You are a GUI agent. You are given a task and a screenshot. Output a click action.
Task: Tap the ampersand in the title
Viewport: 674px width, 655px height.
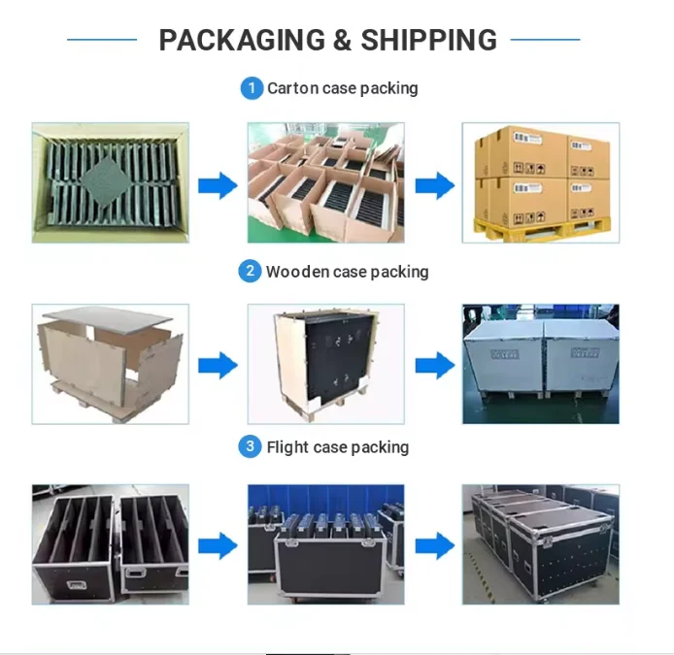pyautogui.click(x=342, y=40)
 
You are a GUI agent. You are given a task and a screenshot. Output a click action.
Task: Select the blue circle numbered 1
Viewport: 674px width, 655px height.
pyautogui.click(x=252, y=88)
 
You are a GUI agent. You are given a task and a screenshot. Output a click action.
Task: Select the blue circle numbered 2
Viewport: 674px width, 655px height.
pyautogui.click(x=250, y=272)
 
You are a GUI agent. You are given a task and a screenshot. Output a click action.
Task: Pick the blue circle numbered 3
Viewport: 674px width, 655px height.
pyautogui.click(x=251, y=446)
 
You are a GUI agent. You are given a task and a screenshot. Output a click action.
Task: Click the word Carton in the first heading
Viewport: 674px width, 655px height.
pyautogui.click(x=290, y=88)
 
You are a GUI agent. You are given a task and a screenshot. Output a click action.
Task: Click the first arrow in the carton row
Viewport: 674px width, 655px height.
pyautogui.click(x=218, y=184)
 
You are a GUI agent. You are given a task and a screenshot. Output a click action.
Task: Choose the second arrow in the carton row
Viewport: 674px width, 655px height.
pyautogui.click(x=434, y=184)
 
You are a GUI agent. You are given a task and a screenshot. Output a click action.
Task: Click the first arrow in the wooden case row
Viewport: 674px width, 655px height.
pyautogui.click(x=218, y=366)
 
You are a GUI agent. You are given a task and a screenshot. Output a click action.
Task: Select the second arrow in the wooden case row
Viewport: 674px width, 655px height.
pyautogui.click(x=434, y=366)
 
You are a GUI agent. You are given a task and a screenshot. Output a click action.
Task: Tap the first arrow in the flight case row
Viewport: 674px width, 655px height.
pyautogui.click(x=218, y=546)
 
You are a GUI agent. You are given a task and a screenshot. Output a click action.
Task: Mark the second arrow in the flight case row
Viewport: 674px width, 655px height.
pyautogui.click(x=434, y=546)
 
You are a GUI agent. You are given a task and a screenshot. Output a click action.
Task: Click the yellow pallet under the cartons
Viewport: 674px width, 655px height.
pyautogui.click(x=539, y=229)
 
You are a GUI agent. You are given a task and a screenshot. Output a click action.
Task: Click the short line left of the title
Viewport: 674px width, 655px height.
pyautogui.click(x=101, y=40)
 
